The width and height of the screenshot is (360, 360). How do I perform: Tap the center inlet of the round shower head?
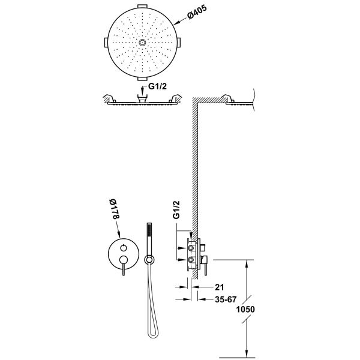(142, 43)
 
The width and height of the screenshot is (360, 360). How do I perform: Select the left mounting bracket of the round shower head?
(106, 43)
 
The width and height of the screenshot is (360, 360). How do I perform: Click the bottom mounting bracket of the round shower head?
(142, 80)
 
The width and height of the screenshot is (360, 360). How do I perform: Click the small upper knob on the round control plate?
(123, 248)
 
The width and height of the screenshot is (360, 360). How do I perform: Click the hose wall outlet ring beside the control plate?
(149, 259)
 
